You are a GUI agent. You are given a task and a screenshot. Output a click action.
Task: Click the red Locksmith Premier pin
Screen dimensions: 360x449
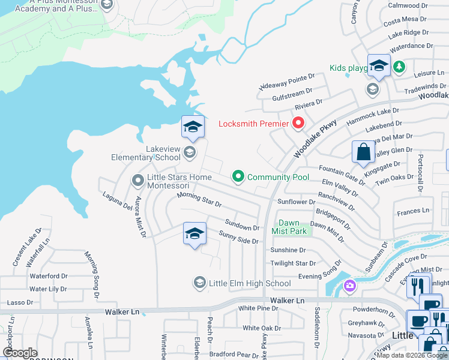[x=298, y=124]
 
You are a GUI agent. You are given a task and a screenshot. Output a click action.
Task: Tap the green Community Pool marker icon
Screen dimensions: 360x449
[x=238, y=176]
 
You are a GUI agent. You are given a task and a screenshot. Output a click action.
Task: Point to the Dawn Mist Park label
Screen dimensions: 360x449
[x=289, y=227]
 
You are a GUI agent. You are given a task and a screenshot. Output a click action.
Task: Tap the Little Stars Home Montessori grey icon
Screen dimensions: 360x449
[x=138, y=179]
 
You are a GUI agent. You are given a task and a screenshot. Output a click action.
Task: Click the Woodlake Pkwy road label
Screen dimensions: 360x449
[x=315, y=139]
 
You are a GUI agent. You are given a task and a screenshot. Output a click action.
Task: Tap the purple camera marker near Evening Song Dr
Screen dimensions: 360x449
[x=349, y=287]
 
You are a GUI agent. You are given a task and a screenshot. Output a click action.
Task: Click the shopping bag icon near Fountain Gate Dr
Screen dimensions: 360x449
[x=363, y=152]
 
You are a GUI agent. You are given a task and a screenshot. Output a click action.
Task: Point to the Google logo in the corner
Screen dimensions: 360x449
[x=20, y=353]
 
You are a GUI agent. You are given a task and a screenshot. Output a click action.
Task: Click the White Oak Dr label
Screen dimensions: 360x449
[x=262, y=328]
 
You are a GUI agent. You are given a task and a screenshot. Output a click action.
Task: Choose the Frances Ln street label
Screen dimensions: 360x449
[x=413, y=211]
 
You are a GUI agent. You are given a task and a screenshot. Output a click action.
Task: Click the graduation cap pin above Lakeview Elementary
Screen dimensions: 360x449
[x=193, y=127]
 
